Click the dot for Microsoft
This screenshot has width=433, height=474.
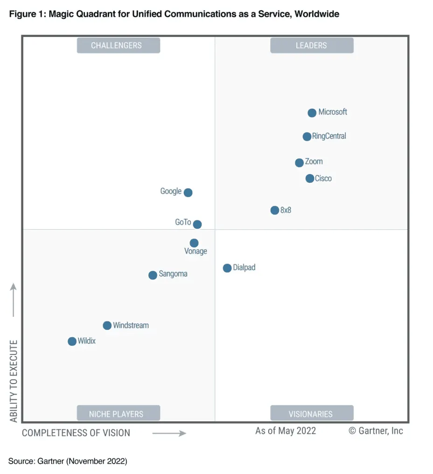tap(312, 113)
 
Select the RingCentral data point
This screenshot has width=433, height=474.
tap(307, 137)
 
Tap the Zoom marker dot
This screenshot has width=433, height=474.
tap(299, 163)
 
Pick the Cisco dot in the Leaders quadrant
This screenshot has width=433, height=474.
tap(309, 179)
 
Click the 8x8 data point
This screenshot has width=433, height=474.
tap(274, 210)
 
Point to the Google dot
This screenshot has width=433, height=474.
tap(188, 193)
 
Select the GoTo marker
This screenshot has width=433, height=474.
tap(197, 224)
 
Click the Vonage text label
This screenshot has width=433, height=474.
tap(196, 251)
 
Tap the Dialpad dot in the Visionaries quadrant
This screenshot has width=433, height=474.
tap(227, 268)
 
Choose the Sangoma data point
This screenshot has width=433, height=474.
tap(153, 275)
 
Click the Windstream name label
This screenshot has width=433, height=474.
tap(131, 326)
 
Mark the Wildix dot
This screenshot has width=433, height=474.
tap(72, 342)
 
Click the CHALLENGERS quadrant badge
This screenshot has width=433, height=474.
tap(118, 46)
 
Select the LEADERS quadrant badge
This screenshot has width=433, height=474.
tap(311, 46)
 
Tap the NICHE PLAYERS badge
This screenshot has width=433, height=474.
tap(118, 413)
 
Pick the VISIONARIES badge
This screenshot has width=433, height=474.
tap(311, 413)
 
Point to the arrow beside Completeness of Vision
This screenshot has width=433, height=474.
tap(169, 433)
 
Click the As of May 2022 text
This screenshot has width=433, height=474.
tap(285, 431)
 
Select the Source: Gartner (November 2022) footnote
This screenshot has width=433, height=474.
tap(68, 461)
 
